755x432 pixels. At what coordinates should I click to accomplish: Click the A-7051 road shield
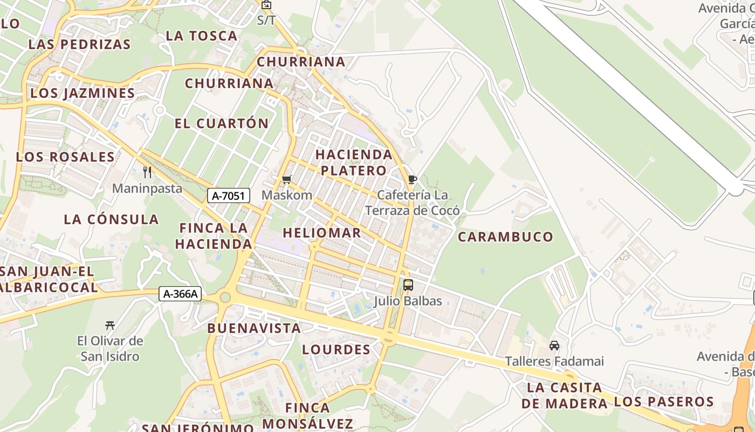(x=229, y=195)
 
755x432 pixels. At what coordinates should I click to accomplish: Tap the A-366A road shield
(x=181, y=294)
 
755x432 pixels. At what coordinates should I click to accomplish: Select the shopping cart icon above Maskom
(x=287, y=179)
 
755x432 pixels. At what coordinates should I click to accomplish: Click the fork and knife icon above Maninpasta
(x=147, y=172)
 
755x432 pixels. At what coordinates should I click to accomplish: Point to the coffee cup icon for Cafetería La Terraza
(x=413, y=179)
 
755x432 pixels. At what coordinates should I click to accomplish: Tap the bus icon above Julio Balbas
(x=408, y=285)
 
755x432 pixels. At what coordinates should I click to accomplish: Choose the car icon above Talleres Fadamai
(x=554, y=345)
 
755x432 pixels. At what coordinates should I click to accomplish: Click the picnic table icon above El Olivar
(x=110, y=325)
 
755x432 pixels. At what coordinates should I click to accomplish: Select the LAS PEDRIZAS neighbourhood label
(x=79, y=44)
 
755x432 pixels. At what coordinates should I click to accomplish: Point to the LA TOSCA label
(x=202, y=36)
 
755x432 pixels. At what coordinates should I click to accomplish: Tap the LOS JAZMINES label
(x=83, y=93)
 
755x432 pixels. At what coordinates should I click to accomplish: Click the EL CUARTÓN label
(x=222, y=123)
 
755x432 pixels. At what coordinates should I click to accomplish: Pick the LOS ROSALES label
(x=65, y=157)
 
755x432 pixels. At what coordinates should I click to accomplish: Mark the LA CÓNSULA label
(x=111, y=219)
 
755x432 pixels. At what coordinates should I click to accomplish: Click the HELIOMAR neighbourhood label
(x=322, y=233)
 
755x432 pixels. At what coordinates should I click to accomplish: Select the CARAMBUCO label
(x=505, y=237)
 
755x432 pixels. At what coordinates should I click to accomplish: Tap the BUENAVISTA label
(x=254, y=328)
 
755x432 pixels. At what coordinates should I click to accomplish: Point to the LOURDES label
(x=337, y=349)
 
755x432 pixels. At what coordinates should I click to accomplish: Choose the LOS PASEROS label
(x=664, y=402)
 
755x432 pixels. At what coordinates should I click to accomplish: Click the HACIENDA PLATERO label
(x=354, y=162)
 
